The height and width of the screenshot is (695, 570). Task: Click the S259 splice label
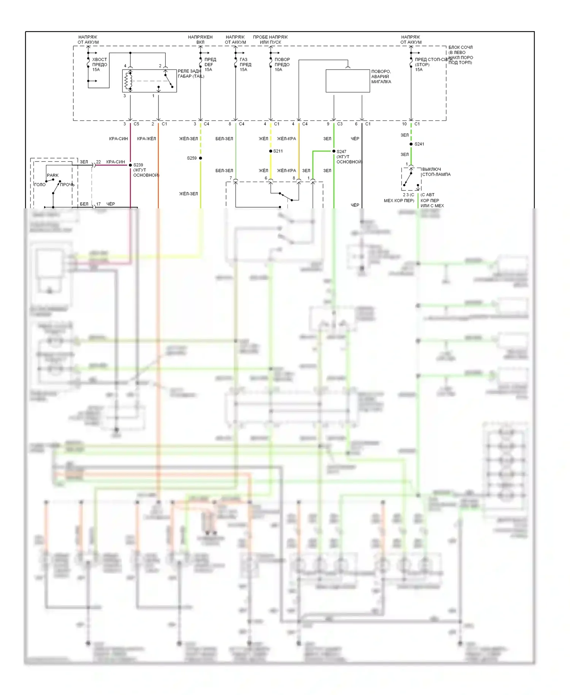coord(192,158)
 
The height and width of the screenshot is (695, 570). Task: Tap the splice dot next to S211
coord(271,151)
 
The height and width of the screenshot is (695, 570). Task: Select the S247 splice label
coord(341,152)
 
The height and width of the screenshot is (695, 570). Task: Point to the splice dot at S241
coord(411,144)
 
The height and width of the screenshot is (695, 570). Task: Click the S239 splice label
coord(138,165)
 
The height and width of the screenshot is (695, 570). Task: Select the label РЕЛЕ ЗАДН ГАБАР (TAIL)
coord(191,74)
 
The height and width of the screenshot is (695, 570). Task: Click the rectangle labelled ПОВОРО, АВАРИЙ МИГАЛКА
coord(348,81)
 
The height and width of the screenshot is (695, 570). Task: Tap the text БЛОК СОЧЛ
coord(461,48)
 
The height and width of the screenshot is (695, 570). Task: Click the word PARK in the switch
coord(53,175)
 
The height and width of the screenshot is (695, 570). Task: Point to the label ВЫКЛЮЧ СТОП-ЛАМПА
coord(436,172)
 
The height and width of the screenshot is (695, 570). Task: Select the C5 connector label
coord(136,124)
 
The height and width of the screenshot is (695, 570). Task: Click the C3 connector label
coord(340,124)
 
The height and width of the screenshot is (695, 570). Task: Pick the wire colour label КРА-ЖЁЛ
coord(147,139)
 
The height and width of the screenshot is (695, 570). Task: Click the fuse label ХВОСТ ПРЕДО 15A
coord(100,65)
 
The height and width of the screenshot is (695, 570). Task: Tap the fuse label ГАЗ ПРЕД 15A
coord(245,65)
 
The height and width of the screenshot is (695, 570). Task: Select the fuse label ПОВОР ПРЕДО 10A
coord(282,65)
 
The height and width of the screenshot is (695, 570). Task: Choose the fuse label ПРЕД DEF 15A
coord(210,65)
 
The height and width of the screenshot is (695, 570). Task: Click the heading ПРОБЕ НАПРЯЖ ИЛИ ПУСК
coord(270,40)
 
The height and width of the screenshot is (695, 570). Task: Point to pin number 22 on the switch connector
coord(98,162)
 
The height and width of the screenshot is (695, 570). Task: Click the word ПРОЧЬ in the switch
coord(67,185)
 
